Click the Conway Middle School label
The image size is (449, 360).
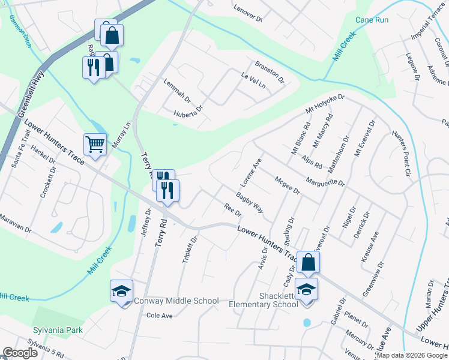tap(176, 301)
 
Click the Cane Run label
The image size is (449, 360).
tap(372, 20)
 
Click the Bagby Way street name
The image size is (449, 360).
tap(250, 202)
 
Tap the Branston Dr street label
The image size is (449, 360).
tap(269, 71)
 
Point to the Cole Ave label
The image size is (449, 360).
tap(160, 316)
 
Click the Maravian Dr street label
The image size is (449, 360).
tap(14, 224)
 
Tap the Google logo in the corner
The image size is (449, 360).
tap(20, 353)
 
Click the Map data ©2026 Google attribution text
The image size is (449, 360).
tap(412, 355)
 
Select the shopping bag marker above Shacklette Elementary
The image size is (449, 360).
tap(308, 263)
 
